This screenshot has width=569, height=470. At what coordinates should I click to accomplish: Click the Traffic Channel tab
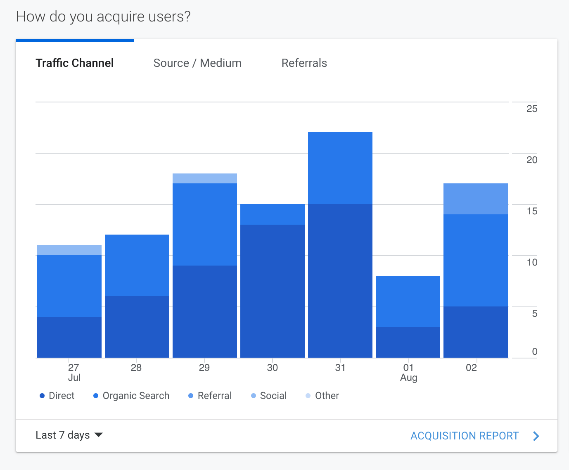[75, 63]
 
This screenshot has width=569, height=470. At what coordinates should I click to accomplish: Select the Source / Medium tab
[197, 63]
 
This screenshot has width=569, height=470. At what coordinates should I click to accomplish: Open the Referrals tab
[304, 63]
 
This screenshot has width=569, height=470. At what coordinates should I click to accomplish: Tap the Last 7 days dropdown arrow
[99, 435]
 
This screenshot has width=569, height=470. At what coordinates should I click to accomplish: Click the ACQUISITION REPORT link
[465, 436]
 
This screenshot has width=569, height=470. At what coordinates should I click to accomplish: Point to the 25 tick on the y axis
[532, 109]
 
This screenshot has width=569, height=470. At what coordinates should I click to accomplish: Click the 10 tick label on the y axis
[532, 262]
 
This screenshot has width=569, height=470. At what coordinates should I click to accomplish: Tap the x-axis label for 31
[340, 368]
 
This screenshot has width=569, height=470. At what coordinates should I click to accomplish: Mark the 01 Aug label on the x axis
[408, 372]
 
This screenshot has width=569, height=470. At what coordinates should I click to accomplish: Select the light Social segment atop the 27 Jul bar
[69, 250]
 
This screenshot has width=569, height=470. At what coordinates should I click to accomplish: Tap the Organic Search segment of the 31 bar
[340, 168]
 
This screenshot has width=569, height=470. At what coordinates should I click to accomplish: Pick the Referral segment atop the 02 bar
[476, 199]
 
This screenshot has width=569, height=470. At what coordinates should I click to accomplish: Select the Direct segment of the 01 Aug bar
[408, 342]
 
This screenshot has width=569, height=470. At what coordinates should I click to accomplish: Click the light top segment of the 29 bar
[205, 178]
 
